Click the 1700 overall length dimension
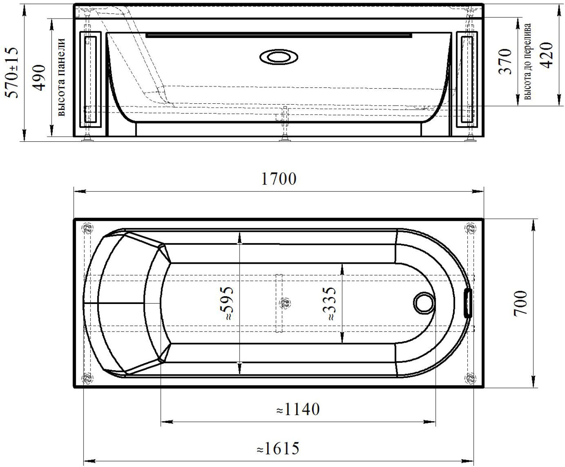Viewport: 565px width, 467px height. [x=279, y=179]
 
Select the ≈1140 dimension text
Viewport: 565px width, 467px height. [x=298, y=409]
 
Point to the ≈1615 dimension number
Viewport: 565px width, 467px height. [x=278, y=448]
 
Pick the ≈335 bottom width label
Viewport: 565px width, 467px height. [x=329, y=304]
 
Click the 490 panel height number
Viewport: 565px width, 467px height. [x=39, y=77]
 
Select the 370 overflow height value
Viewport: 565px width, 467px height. [x=505, y=61]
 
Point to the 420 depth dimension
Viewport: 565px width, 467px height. [x=546, y=55]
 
